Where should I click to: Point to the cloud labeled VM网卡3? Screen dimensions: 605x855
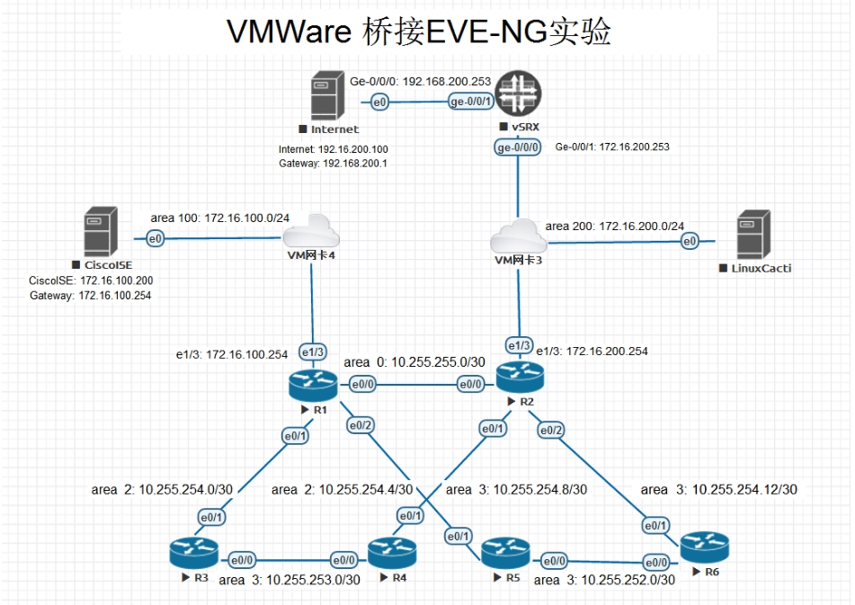click(x=519, y=238)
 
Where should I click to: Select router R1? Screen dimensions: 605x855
click(x=312, y=385)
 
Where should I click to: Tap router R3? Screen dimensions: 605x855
click(x=193, y=551)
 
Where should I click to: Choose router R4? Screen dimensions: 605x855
click(x=391, y=552)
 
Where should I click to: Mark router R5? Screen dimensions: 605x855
click(x=504, y=552)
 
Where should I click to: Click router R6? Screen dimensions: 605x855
click(x=704, y=547)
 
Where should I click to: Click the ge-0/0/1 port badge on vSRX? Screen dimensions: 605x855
click(x=471, y=102)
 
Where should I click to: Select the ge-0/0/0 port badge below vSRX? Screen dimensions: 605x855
click(x=518, y=147)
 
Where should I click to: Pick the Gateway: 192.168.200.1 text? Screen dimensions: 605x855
click(x=333, y=164)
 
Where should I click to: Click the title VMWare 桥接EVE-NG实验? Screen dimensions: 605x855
click(x=418, y=31)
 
